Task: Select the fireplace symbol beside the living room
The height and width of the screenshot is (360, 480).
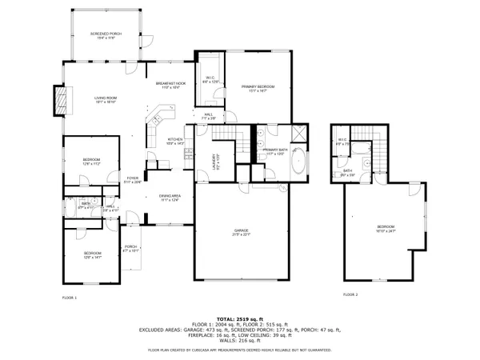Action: point(58,99)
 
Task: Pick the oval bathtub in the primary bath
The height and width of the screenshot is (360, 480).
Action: point(298,162)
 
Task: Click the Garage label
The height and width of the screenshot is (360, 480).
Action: point(242,233)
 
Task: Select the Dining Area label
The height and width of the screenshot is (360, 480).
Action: point(170,198)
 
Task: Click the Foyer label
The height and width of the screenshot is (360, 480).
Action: point(133,180)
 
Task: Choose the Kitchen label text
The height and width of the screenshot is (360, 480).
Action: point(175,142)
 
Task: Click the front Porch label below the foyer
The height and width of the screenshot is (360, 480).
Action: point(131,248)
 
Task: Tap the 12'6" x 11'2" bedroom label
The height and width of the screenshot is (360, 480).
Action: point(91,162)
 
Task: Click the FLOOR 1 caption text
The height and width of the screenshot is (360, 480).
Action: point(69,298)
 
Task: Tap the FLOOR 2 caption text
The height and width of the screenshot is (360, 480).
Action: point(350,294)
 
